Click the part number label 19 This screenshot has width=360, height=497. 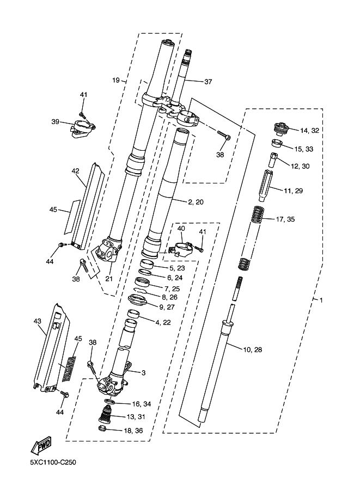click(x=115, y=81)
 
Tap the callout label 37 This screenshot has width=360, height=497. click(x=208, y=82)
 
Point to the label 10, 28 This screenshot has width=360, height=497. click(x=251, y=349)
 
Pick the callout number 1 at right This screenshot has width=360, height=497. click(x=321, y=300)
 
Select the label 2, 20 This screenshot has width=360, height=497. click(x=196, y=202)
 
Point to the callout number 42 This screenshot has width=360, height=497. click(x=75, y=171)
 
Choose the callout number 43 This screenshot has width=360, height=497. click(x=38, y=321)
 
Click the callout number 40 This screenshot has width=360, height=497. click(x=181, y=229)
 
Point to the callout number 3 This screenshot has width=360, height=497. click(x=143, y=372)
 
